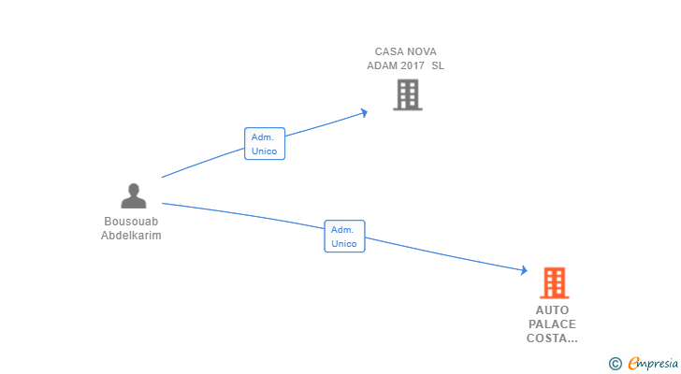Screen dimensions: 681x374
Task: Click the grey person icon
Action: (x=134, y=195)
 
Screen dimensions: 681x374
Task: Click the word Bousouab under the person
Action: (x=131, y=222)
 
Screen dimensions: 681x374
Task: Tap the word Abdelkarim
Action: (x=131, y=236)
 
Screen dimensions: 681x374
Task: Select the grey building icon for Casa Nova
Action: (x=408, y=94)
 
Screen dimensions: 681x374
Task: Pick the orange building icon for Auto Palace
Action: (x=554, y=283)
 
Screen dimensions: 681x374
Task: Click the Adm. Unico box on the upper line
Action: (x=265, y=144)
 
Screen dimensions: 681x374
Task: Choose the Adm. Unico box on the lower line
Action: (x=344, y=236)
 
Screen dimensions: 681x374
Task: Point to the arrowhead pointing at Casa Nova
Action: (x=364, y=113)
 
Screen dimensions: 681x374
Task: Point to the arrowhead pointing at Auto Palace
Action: (x=524, y=270)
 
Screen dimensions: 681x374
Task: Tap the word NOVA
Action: (x=420, y=51)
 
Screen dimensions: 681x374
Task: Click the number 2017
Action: (x=413, y=65)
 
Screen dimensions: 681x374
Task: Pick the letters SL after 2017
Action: (x=438, y=65)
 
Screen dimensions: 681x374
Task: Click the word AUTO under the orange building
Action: (x=552, y=310)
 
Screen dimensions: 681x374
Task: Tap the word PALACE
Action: (x=552, y=324)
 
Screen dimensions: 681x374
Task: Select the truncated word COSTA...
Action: (x=552, y=338)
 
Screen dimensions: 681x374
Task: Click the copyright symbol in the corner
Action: (x=616, y=364)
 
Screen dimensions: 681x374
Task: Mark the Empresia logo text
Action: (x=653, y=364)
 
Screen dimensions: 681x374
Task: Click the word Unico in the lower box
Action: (x=344, y=243)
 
